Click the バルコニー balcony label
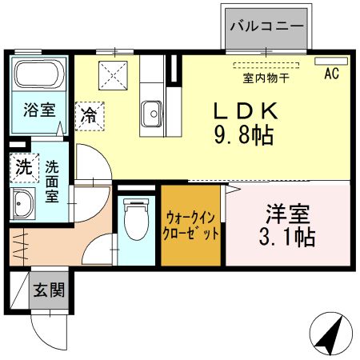point(266,26)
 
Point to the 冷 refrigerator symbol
point(90,114)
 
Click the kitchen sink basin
point(151,114)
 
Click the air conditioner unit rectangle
point(331,62)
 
